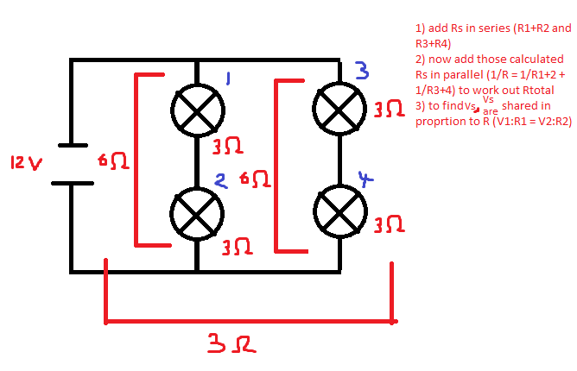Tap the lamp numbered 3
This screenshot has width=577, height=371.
[339, 105]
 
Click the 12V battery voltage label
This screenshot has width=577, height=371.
[26, 162]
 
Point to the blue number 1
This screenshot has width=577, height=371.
[227, 80]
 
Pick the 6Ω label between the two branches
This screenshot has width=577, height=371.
[255, 179]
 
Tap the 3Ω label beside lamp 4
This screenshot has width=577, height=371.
[389, 224]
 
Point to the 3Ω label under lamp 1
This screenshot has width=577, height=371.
[227, 147]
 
